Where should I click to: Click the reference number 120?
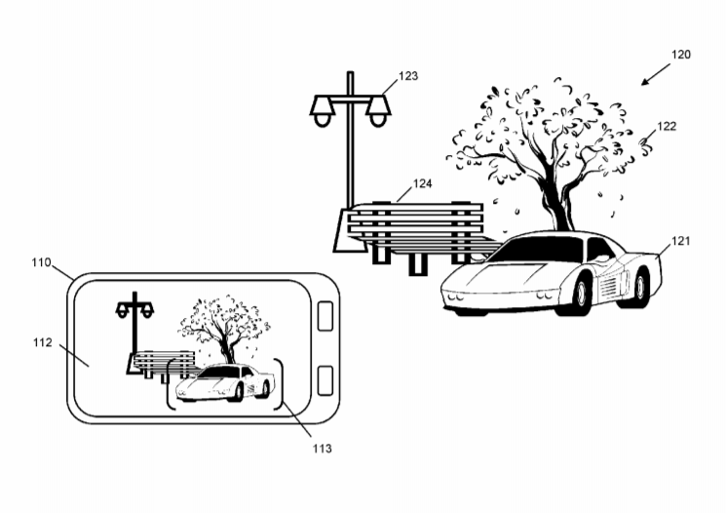(x=680, y=55)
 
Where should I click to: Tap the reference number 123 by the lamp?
(x=408, y=76)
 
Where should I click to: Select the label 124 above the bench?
(x=422, y=184)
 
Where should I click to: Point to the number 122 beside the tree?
(x=667, y=127)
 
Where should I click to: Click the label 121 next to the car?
(x=680, y=241)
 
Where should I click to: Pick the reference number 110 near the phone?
(x=41, y=262)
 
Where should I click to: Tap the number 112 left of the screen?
(x=43, y=343)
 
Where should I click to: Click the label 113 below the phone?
(x=322, y=449)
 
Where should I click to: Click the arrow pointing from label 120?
(x=656, y=75)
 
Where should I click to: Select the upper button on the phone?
(x=325, y=316)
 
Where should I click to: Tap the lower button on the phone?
(x=325, y=380)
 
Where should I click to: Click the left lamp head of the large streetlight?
(x=322, y=110)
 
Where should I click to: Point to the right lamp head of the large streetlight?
(x=378, y=110)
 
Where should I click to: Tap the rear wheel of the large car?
(x=640, y=287)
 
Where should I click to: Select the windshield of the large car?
(x=539, y=249)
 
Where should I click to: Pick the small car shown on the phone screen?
(x=224, y=382)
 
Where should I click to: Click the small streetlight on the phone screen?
(x=134, y=333)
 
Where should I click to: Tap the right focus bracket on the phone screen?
(x=280, y=383)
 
